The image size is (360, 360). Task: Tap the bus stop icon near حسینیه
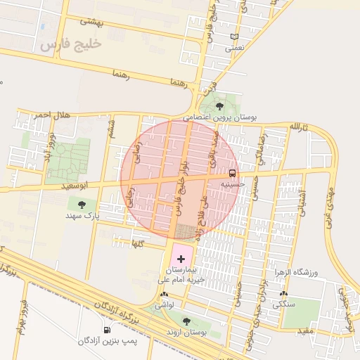(232, 173)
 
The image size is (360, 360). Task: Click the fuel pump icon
(107, 329)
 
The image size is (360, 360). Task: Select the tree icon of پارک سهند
(82, 205)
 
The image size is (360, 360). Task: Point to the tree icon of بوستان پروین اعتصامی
(220, 106)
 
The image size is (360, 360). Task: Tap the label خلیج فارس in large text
(71, 46)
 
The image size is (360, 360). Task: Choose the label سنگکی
(283, 304)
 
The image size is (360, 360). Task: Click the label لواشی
(163, 305)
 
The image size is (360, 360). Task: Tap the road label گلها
(138, 243)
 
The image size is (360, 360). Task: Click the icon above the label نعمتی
(234, 37)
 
